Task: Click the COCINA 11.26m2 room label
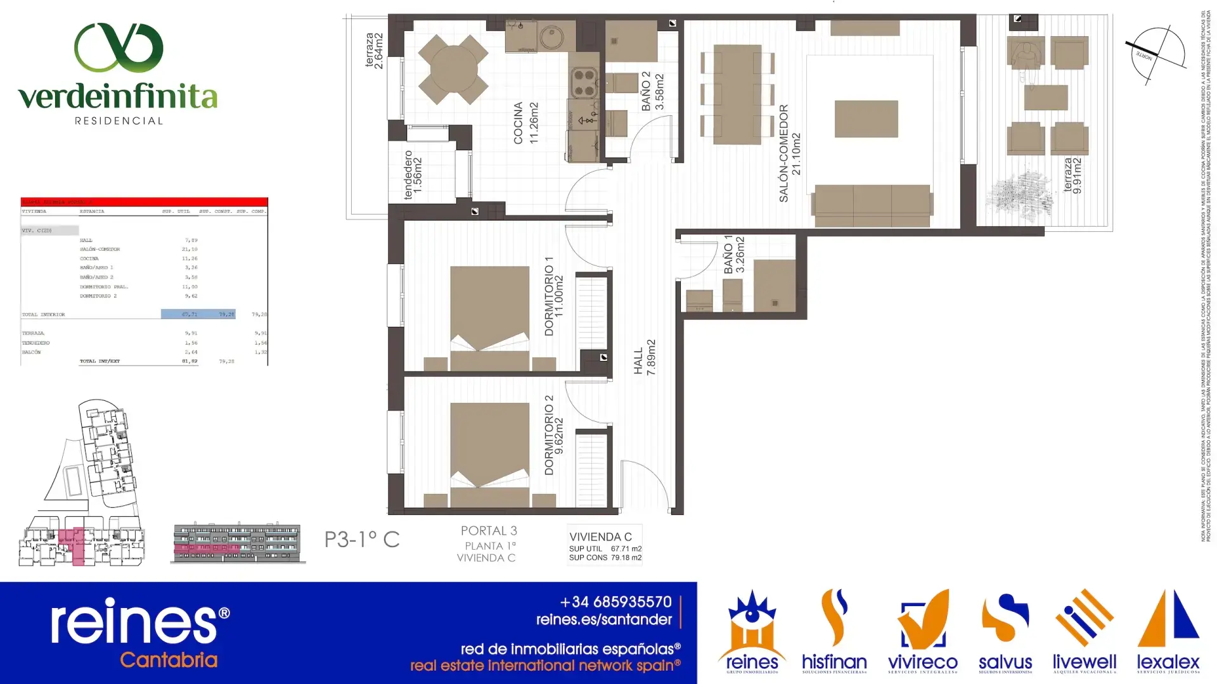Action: [x=525, y=123]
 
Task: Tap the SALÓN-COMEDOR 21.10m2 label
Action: [x=790, y=154]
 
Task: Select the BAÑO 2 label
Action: [x=652, y=91]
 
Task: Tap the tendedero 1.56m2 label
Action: [x=413, y=175]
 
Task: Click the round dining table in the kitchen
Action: [x=453, y=69]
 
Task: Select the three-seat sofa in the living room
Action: [x=872, y=205]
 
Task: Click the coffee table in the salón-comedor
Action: [x=866, y=118]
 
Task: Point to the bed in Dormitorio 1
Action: [x=489, y=317]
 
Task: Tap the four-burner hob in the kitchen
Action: [x=584, y=83]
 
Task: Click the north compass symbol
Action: [x=1156, y=55]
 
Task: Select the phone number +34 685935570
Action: [x=615, y=602]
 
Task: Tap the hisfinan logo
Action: [x=834, y=631]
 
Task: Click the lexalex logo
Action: [x=1168, y=631]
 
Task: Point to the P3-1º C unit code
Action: [x=362, y=540]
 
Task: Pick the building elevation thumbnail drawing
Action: [x=238, y=543]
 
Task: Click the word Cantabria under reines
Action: [x=169, y=660]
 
